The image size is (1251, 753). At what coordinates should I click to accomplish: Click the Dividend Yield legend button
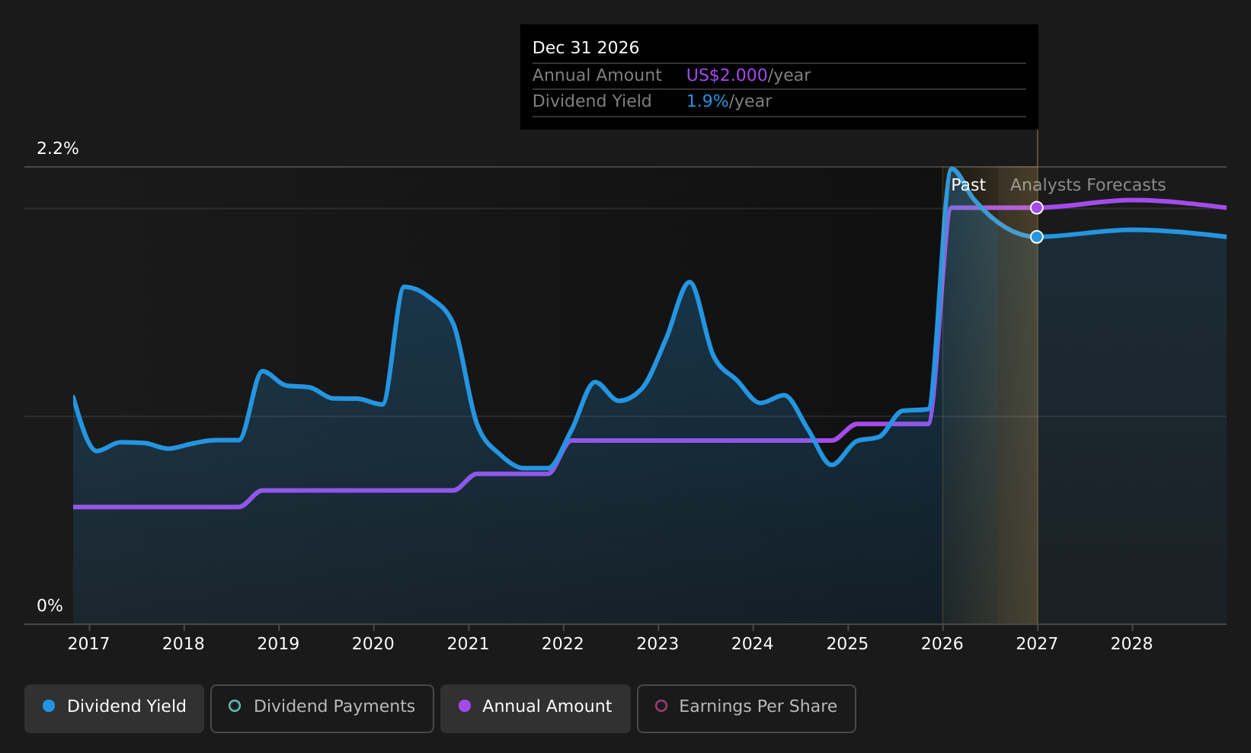(x=114, y=708)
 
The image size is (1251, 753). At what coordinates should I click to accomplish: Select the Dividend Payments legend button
(x=322, y=708)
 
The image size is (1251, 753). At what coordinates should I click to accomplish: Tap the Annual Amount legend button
(x=536, y=708)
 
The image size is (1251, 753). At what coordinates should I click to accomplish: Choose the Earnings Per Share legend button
(x=747, y=708)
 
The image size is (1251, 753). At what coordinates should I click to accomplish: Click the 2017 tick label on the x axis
(x=89, y=644)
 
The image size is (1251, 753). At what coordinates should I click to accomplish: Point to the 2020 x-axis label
(x=373, y=644)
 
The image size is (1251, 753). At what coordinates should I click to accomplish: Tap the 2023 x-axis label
(x=658, y=644)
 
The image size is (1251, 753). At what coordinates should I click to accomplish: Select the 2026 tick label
(x=942, y=644)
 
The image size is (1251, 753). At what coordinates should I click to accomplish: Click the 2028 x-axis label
(x=1132, y=644)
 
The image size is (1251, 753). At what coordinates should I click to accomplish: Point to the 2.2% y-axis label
(x=58, y=149)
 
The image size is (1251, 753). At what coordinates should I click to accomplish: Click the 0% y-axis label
(x=50, y=606)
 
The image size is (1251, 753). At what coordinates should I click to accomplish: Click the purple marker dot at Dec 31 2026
(x=1037, y=208)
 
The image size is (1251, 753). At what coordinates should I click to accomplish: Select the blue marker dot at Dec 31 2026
(x=1037, y=237)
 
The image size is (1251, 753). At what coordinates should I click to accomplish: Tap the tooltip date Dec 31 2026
(x=585, y=48)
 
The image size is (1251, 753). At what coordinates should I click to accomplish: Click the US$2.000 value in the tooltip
(x=727, y=75)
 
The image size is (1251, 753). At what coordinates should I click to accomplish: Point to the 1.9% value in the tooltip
(x=707, y=101)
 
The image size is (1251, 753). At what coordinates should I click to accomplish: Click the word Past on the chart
(x=968, y=185)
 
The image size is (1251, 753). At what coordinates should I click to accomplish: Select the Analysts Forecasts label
(x=1088, y=185)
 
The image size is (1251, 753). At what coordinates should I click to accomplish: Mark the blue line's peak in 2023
(x=689, y=281)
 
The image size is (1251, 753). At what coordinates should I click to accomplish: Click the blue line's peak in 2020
(x=404, y=287)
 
